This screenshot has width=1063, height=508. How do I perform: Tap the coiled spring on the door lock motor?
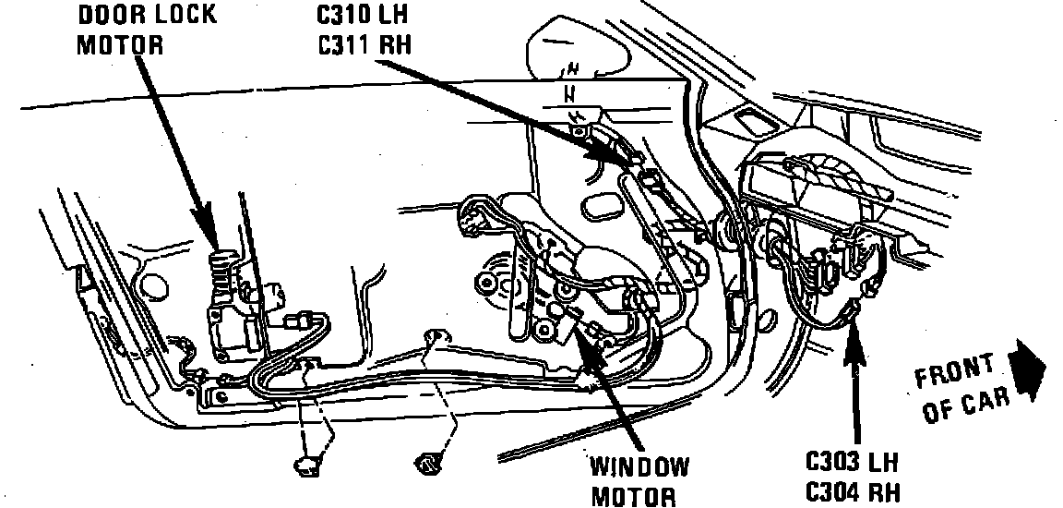click(220, 269)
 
